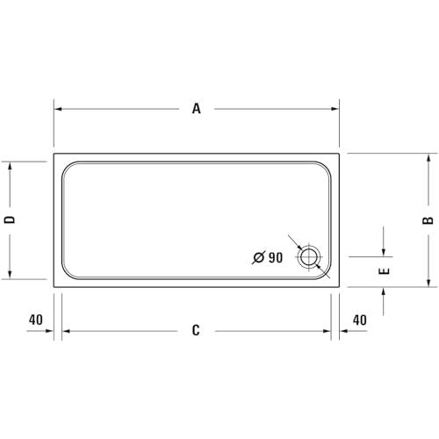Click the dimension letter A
[197, 109]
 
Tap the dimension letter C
[196, 330]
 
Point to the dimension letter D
[10, 219]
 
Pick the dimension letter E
[384, 271]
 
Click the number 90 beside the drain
[276, 257]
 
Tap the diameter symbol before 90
[259, 257]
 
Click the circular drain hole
[309, 257]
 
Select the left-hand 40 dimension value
[36, 320]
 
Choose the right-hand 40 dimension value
[360, 320]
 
